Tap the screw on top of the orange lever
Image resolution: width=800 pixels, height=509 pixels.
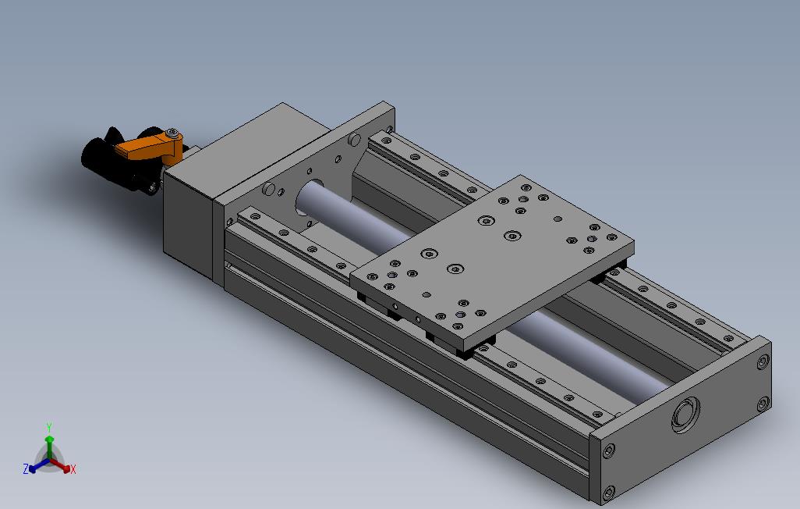(172, 133)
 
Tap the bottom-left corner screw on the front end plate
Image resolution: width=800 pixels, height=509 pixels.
(607, 493)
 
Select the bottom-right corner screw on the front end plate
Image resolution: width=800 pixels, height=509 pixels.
(762, 404)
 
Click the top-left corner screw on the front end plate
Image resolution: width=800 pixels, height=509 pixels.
(607, 450)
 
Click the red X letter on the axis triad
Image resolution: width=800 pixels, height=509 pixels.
(73, 469)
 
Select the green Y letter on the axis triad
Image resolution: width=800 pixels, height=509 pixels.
(48, 427)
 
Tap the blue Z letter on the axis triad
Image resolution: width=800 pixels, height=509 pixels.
(26, 469)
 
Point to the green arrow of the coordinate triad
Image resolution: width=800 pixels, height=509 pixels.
(48, 445)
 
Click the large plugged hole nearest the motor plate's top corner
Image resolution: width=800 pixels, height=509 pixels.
(356, 140)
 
